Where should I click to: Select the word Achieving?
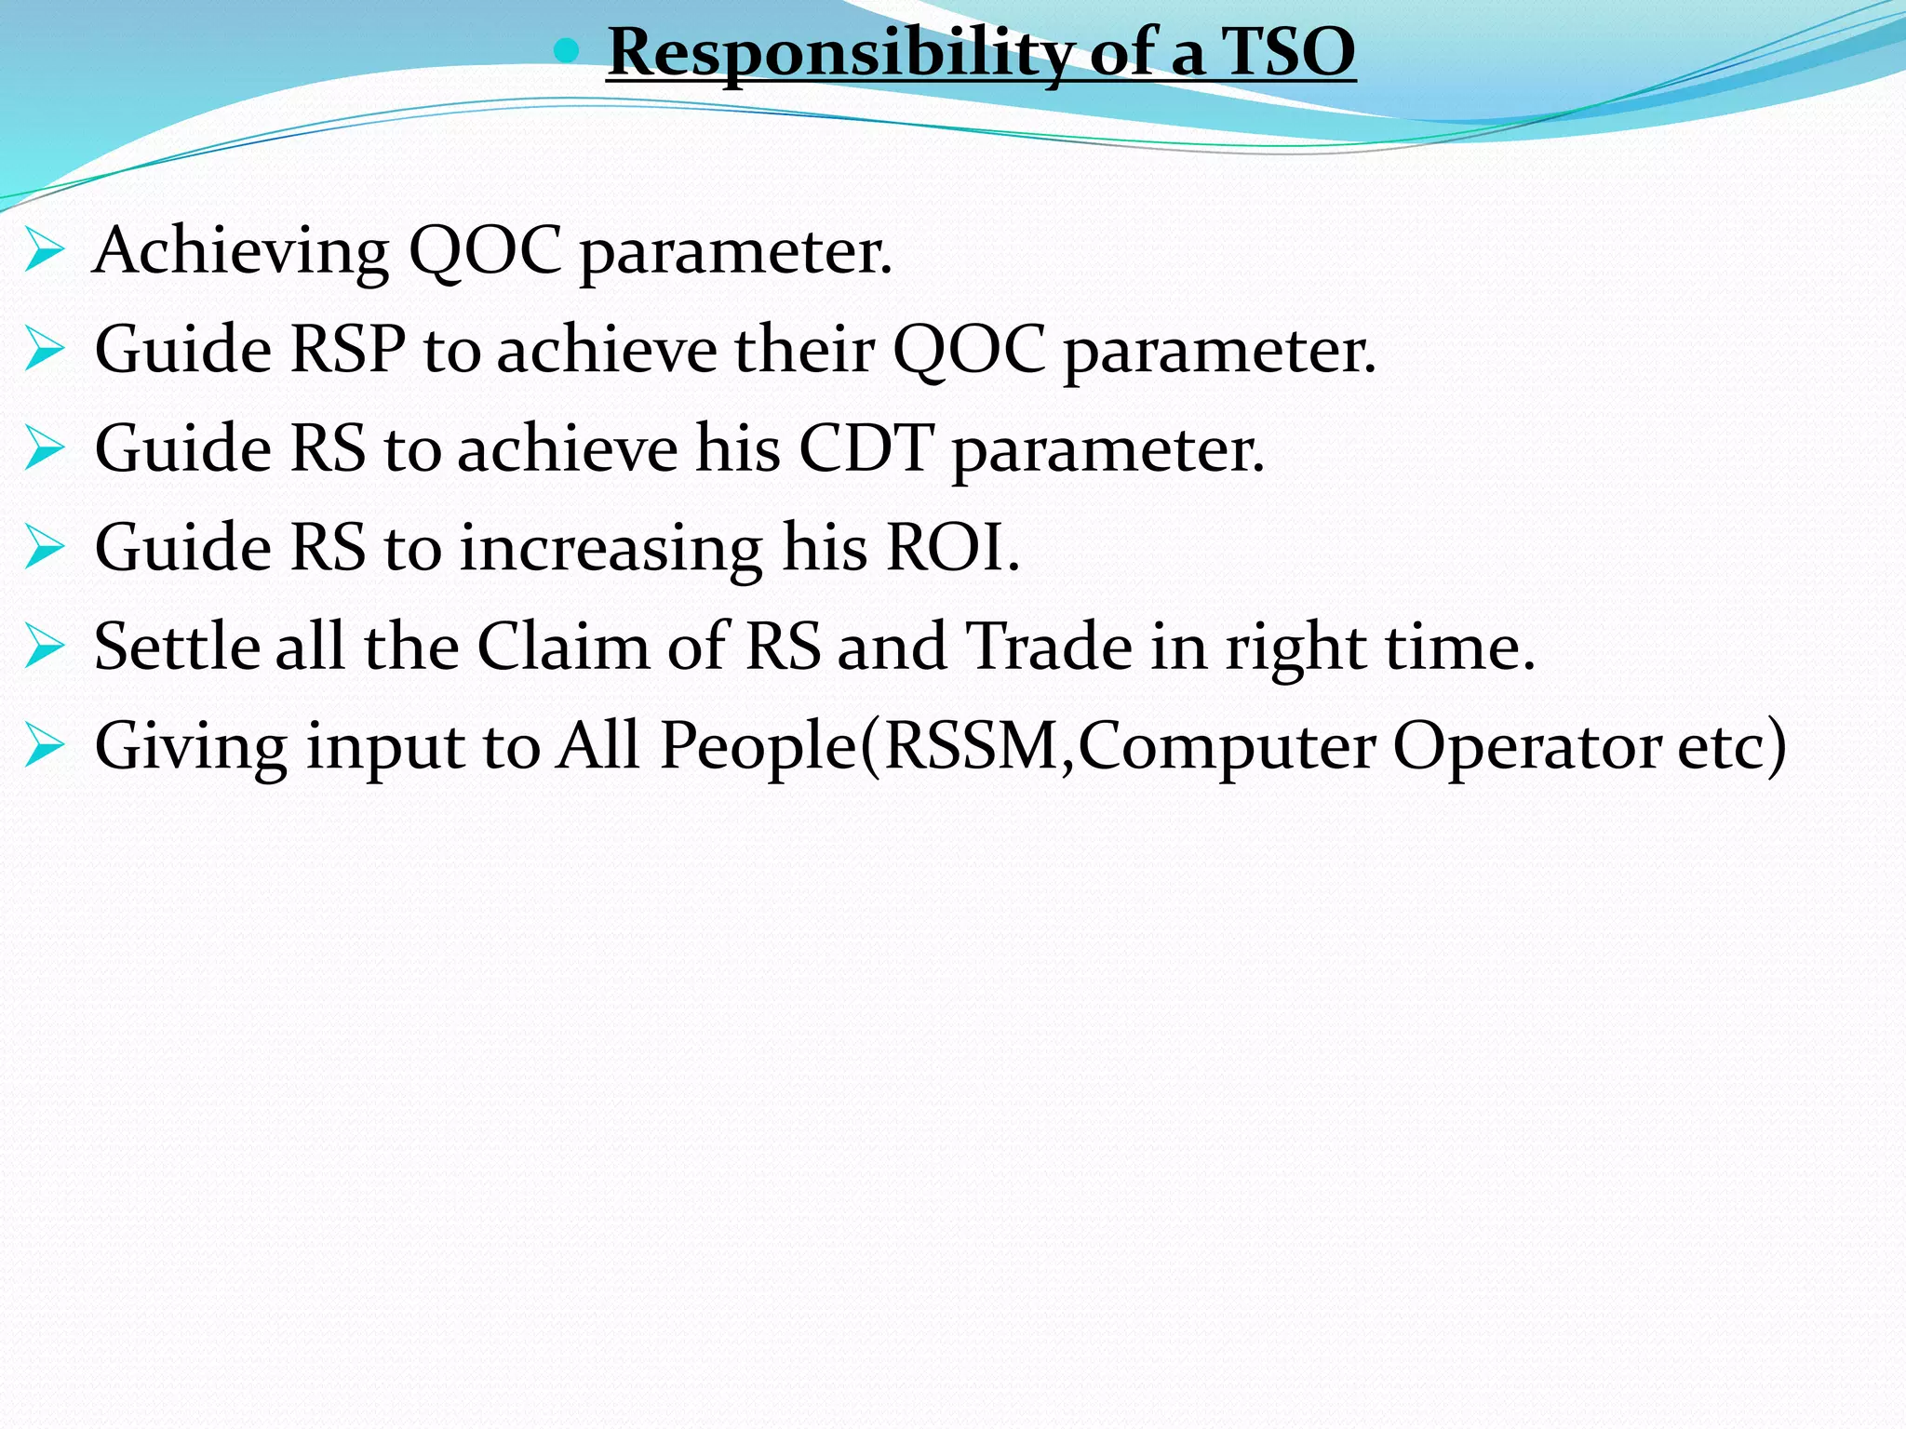pos(241,252)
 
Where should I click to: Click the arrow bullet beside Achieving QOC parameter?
pos(45,250)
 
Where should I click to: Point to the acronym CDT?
pos(866,449)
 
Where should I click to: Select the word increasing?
pos(611,549)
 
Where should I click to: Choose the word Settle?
pos(177,647)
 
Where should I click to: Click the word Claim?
pos(563,647)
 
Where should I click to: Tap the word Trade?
pos(1050,647)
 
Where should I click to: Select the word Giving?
pos(191,747)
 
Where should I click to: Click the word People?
pos(758,747)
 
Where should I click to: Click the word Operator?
pos(1526,747)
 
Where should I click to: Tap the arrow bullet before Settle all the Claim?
pos(45,647)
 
